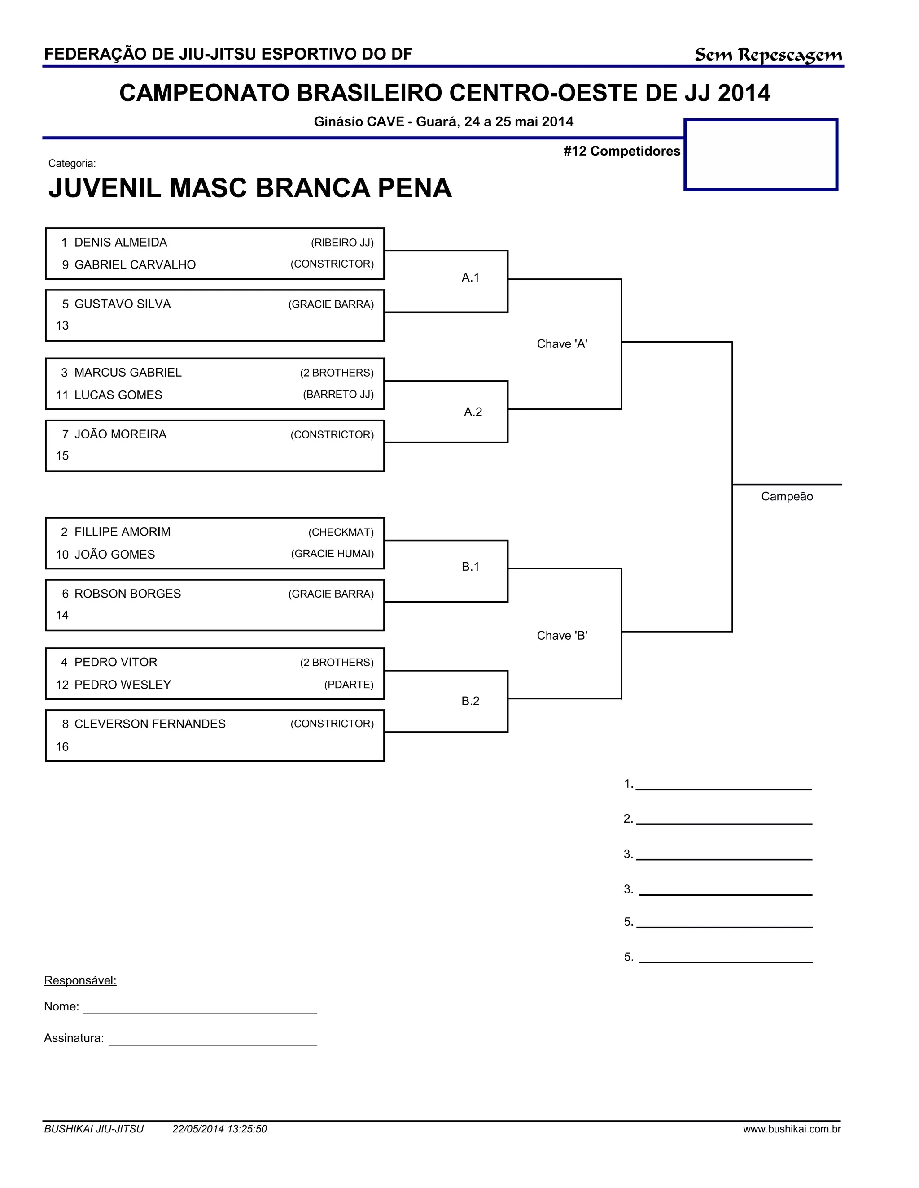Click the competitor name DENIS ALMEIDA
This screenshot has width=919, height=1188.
(120, 243)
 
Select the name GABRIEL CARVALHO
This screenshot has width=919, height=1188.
(135, 265)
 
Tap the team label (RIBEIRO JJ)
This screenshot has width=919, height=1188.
(342, 243)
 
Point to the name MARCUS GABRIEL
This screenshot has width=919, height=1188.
(127, 373)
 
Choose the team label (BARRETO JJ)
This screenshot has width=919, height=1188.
(338, 395)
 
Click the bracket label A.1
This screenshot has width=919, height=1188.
(470, 278)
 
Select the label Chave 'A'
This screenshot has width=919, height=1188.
(562, 344)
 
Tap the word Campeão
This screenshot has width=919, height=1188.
(787, 497)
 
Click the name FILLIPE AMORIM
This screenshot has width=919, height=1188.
(122, 532)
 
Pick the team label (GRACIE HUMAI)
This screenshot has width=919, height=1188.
(332, 554)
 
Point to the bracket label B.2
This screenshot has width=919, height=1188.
(470, 701)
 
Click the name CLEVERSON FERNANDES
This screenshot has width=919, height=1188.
(150, 724)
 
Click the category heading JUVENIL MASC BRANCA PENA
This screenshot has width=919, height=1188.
(250, 188)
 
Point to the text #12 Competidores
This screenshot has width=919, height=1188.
(622, 151)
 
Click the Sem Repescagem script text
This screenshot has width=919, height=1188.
(768, 55)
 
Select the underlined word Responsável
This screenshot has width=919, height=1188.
(80, 981)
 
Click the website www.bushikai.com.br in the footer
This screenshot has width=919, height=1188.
(792, 1129)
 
